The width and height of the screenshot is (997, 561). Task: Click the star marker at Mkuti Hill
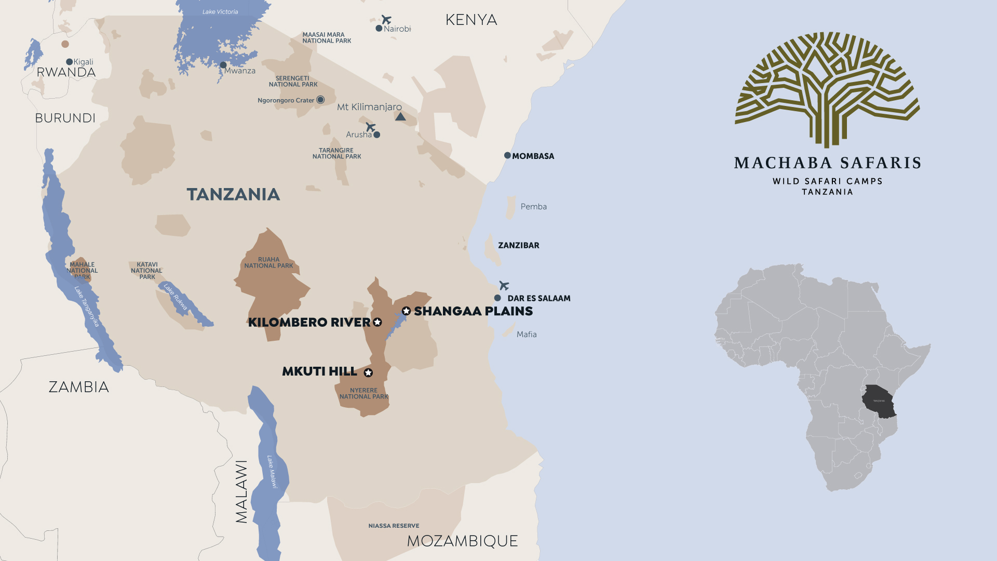coord(368,372)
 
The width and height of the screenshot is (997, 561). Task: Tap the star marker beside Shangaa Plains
coord(406,311)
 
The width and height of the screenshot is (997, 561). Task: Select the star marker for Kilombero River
coord(378,322)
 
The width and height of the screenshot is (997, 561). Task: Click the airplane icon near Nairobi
coord(386,20)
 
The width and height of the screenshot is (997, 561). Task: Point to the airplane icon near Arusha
coord(370,127)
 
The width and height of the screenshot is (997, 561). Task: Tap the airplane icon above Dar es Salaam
coord(504,285)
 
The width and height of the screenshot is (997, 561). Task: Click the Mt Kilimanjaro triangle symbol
coord(400,117)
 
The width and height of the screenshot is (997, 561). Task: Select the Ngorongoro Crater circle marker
coord(320,100)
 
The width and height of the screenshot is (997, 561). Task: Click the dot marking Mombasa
coord(507,155)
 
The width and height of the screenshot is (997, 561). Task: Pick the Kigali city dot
coord(69,62)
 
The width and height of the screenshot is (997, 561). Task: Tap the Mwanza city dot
coord(223,65)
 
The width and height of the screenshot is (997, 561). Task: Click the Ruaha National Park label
coord(268,263)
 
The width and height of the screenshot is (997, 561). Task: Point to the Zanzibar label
coord(518,245)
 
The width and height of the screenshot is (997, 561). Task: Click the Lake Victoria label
coord(220,11)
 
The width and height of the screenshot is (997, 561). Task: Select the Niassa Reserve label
coord(394,526)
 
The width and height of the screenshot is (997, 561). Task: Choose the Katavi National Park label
coord(146,271)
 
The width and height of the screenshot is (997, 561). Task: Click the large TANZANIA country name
coord(233,194)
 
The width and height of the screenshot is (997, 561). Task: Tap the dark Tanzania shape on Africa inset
coord(879,401)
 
